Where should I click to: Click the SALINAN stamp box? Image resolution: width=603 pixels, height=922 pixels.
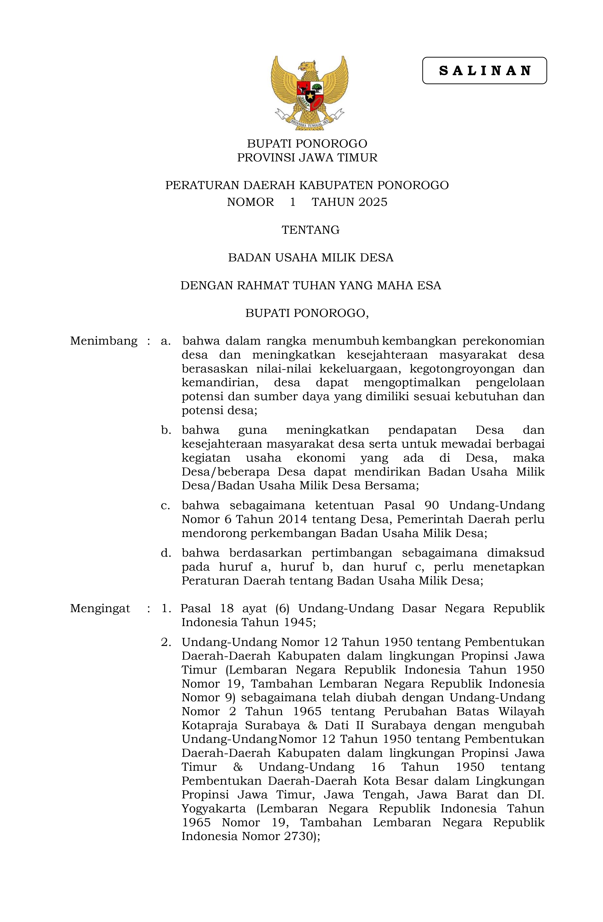(484, 70)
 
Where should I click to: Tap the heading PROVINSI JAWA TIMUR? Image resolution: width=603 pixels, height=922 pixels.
(307, 158)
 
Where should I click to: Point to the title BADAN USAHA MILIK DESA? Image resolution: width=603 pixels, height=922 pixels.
(310, 258)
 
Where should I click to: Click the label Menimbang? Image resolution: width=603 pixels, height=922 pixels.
(104, 341)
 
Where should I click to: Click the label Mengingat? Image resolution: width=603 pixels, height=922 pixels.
(100, 608)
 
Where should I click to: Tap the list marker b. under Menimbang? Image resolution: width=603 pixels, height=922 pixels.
(166, 430)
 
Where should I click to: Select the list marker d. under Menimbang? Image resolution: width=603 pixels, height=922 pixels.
(166, 553)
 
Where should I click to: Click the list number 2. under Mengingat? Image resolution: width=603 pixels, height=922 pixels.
(166, 642)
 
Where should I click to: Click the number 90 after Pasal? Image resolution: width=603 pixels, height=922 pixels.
(433, 506)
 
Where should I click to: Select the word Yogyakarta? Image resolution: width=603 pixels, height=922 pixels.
(213, 809)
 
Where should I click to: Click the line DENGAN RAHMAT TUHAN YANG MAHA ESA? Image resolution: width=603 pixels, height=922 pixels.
(310, 286)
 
